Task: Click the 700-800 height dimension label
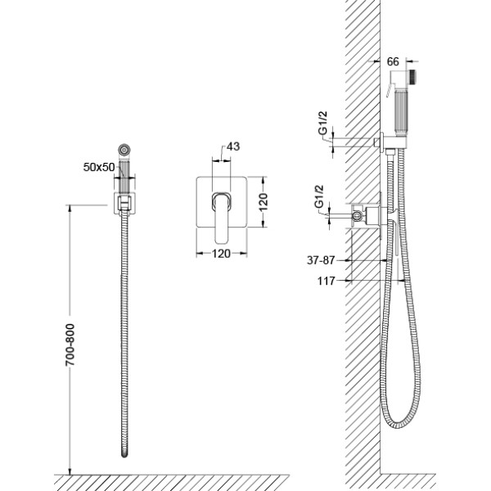(70, 345)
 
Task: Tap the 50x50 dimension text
(99, 167)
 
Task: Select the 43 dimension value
(233, 146)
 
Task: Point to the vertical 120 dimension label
(264, 202)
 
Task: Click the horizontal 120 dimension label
(221, 254)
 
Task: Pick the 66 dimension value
(393, 61)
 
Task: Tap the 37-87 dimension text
(321, 260)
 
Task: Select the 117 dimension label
(327, 281)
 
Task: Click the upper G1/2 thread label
(323, 123)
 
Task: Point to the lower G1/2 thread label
(319, 196)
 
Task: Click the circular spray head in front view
(124, 150)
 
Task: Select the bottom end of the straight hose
(124, 454)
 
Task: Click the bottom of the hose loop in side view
(399, 426)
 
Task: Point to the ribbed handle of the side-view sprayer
(401, 112)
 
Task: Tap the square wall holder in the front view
(124, 204)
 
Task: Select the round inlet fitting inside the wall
(357, 215)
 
